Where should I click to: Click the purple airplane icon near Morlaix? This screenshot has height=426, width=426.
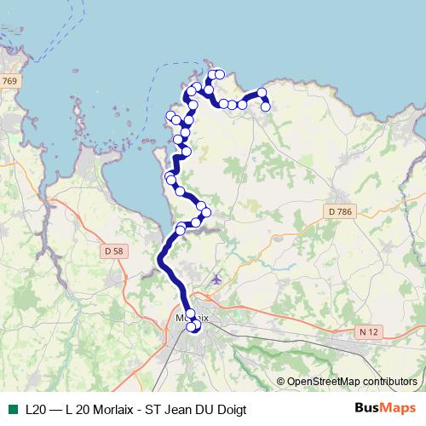click(216, 279)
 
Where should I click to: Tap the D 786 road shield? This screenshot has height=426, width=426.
click(339, 210)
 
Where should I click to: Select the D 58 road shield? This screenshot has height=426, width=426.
click(112, 250)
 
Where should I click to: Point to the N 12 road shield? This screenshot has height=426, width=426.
click(369, 331)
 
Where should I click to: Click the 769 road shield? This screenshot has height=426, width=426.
click(9, 81)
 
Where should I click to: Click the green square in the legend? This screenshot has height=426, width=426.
click(12, 408)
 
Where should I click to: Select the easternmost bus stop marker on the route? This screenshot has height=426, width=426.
click(266, 106)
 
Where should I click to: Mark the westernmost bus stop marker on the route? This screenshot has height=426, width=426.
click(170, 176)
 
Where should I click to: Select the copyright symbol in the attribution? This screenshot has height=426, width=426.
click(280, 381)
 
